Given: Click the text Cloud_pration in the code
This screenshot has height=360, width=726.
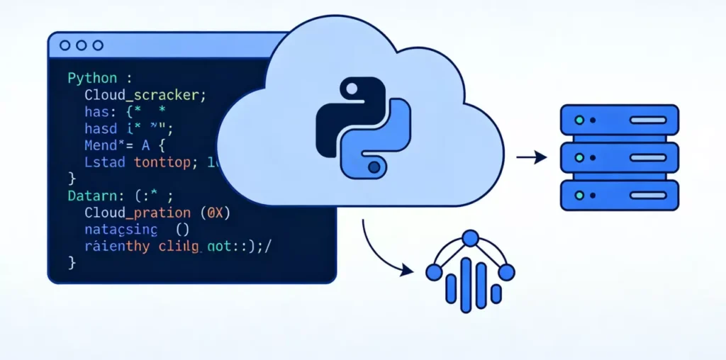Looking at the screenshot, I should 137,213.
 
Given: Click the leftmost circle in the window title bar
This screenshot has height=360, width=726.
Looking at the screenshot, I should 65,45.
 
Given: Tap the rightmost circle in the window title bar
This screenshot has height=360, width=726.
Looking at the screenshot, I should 97,45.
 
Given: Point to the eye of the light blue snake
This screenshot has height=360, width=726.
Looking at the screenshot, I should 373,167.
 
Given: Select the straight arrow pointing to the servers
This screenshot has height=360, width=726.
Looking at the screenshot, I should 531,157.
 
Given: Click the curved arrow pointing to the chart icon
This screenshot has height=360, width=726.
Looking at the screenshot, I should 383,252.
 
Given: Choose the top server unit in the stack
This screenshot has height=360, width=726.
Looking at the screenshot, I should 619,120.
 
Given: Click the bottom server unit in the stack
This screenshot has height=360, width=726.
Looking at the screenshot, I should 619,193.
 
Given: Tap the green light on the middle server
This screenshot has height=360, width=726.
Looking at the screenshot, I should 579,157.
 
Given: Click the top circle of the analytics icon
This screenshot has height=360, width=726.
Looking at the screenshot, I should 469,238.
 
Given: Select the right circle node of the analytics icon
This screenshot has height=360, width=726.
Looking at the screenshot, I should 506,271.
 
